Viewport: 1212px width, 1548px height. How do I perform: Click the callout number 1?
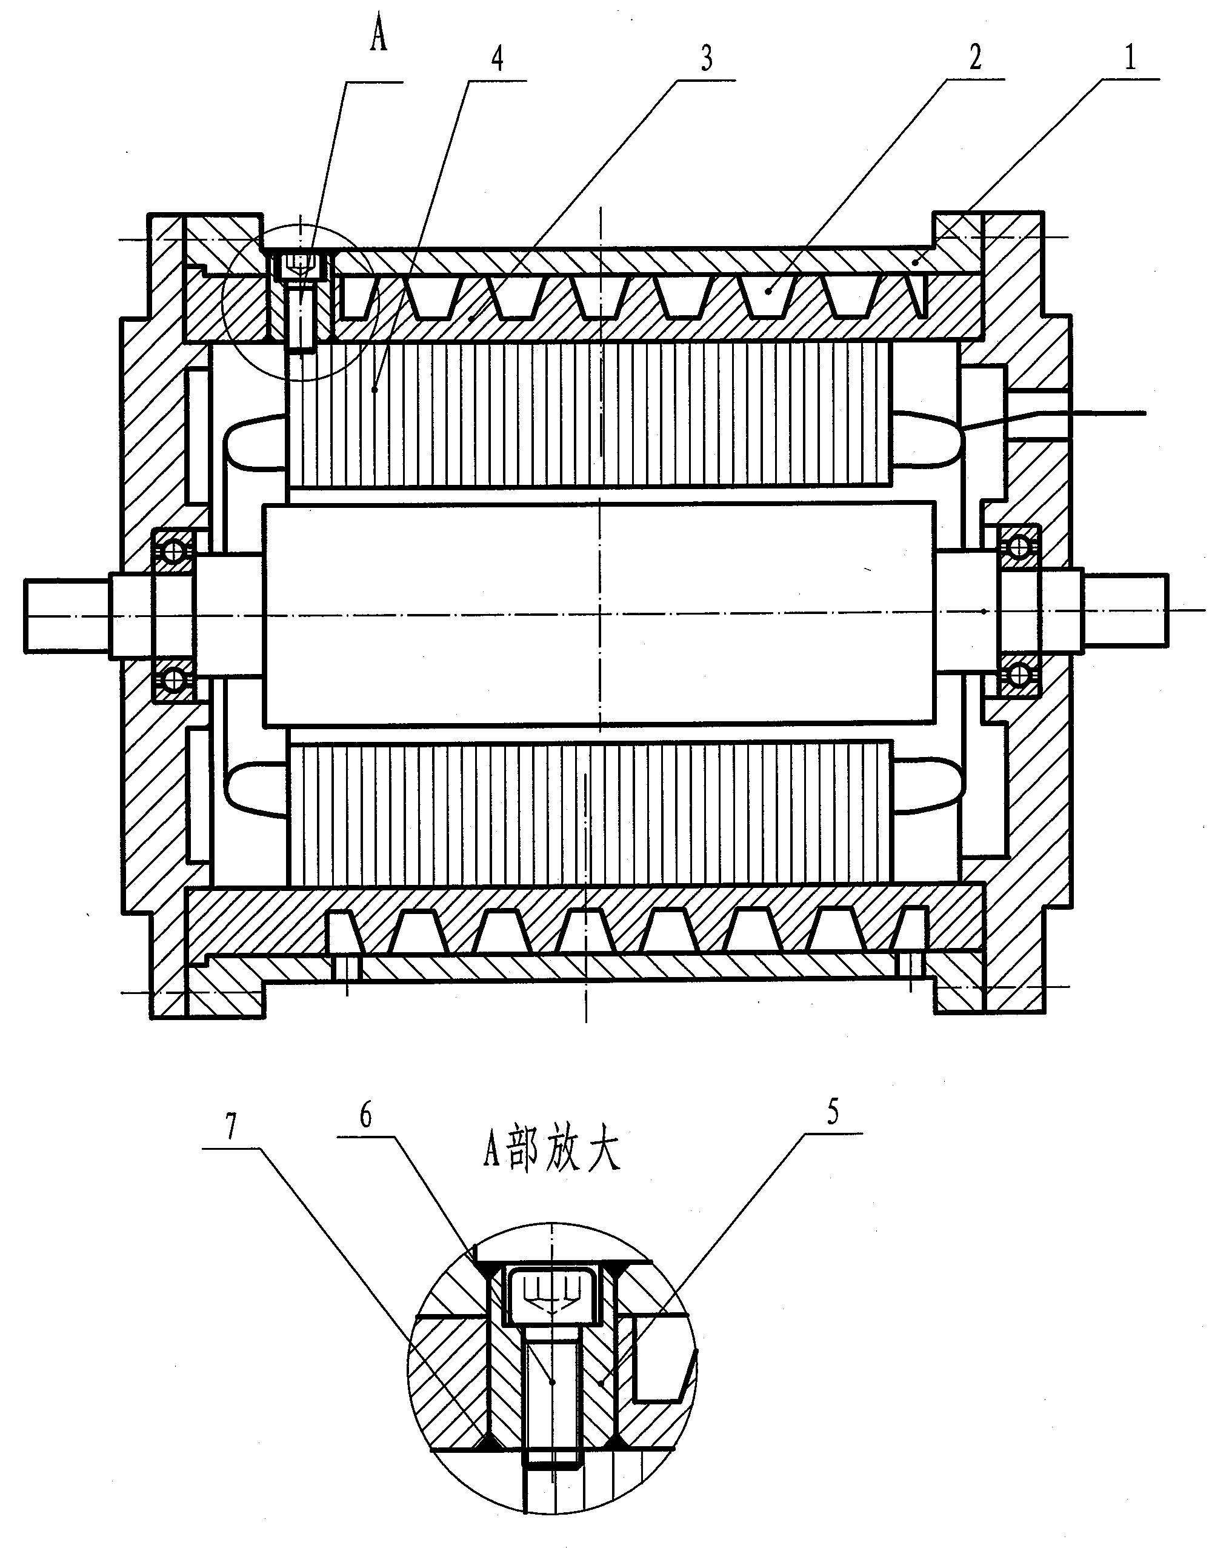pyautogui.click(x=1130, y=57)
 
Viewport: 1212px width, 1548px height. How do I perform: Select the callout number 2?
pyautogui.click(x=976, y=58)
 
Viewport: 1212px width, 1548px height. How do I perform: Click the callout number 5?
pyautogui.click(x=833, y=1112)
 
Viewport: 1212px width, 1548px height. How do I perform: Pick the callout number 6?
pyautogui.click(x=366, y=1116)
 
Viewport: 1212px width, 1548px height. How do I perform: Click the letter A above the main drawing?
pyautogui.click(x=379, y=37)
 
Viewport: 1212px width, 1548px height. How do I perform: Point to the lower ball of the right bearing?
pyautogui.click(x=1020, y=674)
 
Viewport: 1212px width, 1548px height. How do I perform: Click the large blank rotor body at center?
pyautogui.click(x=599, y=615)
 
